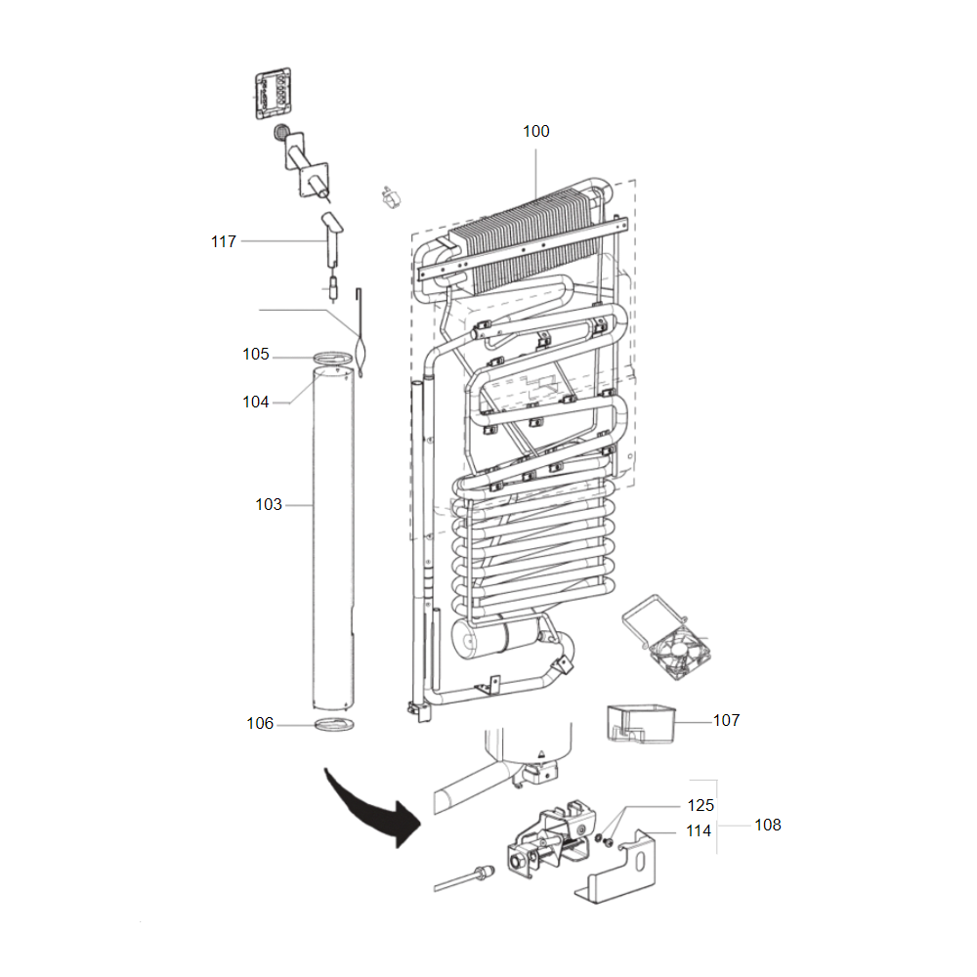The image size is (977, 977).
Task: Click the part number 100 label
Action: click(536, 132)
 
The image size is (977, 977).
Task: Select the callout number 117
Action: click(224, 241)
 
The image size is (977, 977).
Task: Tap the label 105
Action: click(256, 355)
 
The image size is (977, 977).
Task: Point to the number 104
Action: click(256, 402)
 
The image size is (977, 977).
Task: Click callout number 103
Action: click(269, 504)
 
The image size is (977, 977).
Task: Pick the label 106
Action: click(260, 724)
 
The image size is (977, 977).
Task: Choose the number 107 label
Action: click(726, 721)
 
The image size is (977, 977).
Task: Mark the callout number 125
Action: click(700, 806)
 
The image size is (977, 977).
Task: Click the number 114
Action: click(699, 831)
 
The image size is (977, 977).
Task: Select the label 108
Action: click(768, 826)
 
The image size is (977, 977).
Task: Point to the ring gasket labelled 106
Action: click(334, 724)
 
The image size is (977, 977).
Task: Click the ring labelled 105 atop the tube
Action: click(334, 359)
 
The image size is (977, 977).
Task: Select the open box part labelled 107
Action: click(641, 722)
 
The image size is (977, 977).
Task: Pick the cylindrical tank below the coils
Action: click(497, 641)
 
